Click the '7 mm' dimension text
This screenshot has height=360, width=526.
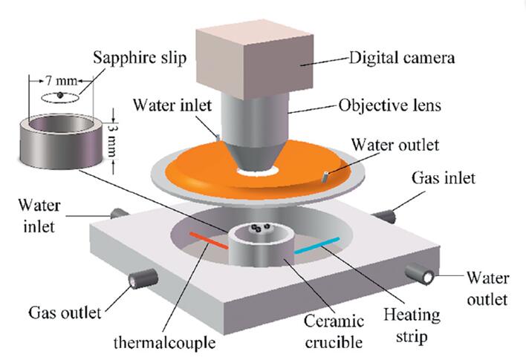[59, 79]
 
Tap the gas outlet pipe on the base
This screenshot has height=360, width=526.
[140, 280]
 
